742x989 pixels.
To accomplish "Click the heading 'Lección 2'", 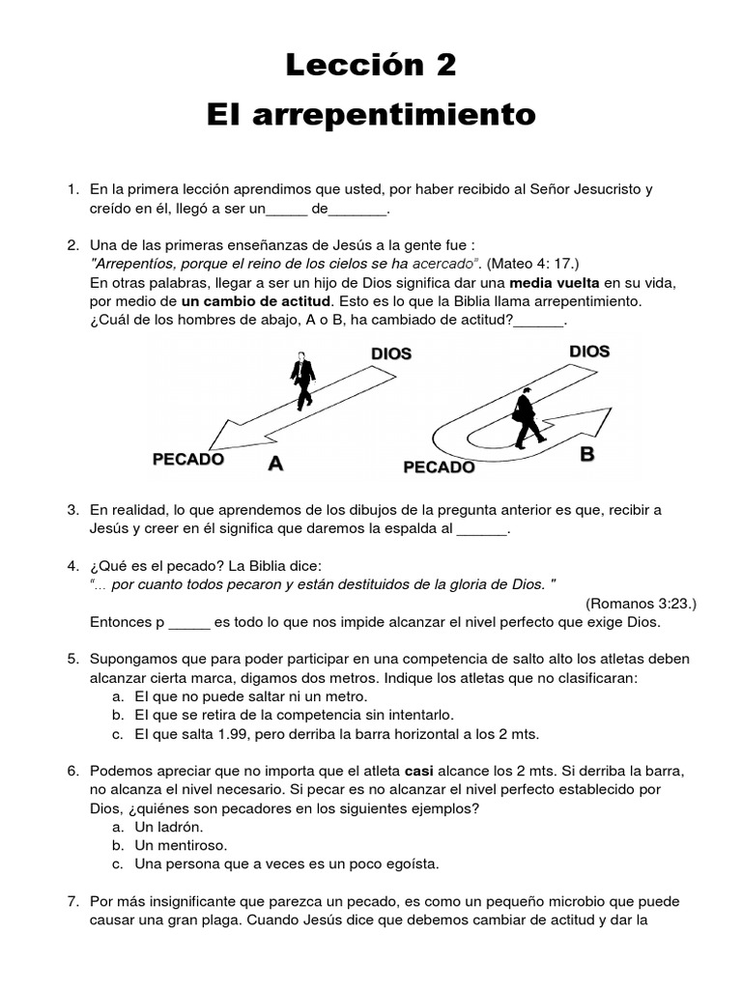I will tap(371, 66).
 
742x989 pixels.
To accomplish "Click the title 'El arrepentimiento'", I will tap(371, 115).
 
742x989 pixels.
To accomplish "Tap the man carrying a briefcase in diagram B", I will tap(527, 417).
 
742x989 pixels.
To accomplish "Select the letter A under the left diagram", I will tap(275, 464).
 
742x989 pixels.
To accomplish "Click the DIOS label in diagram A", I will tap(391, 353).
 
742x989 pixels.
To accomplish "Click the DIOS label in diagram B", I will tap(589, 351).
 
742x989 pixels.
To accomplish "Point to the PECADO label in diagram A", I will tap(188, 460).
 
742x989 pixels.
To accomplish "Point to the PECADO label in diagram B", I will tap(439, 467).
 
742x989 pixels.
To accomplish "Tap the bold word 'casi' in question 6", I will tap(417, 771).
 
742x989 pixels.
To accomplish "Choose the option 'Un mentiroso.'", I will tap(181, 845).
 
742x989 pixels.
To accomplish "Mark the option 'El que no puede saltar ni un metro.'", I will tap(250, 695).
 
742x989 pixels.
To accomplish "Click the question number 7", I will tap(72, 901).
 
